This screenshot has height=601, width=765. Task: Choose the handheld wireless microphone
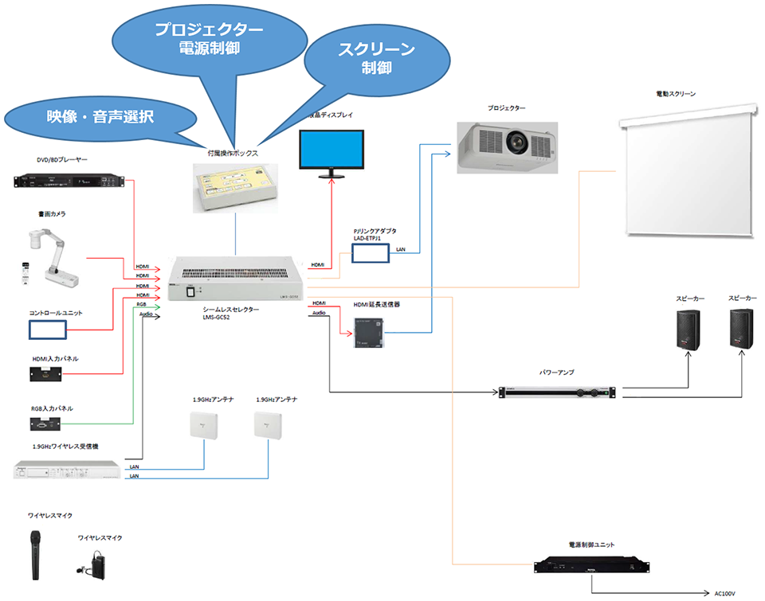tap(35, 554)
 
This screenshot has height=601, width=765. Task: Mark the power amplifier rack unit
tap(558, 392)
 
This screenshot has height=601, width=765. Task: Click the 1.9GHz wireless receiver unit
tap(68, 470)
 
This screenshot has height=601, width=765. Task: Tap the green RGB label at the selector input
tap(142, 304)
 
